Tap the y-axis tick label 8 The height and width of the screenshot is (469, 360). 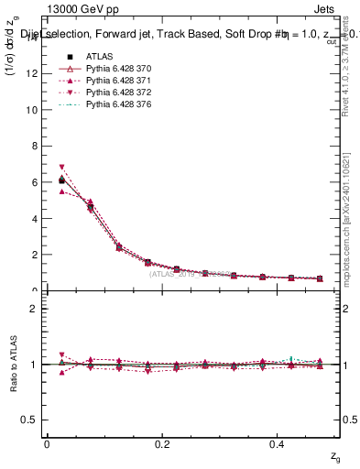coord(34,147)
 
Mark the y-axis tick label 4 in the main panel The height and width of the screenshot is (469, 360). coord(34,219)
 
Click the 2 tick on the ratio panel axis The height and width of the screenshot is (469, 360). coord(34,309)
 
